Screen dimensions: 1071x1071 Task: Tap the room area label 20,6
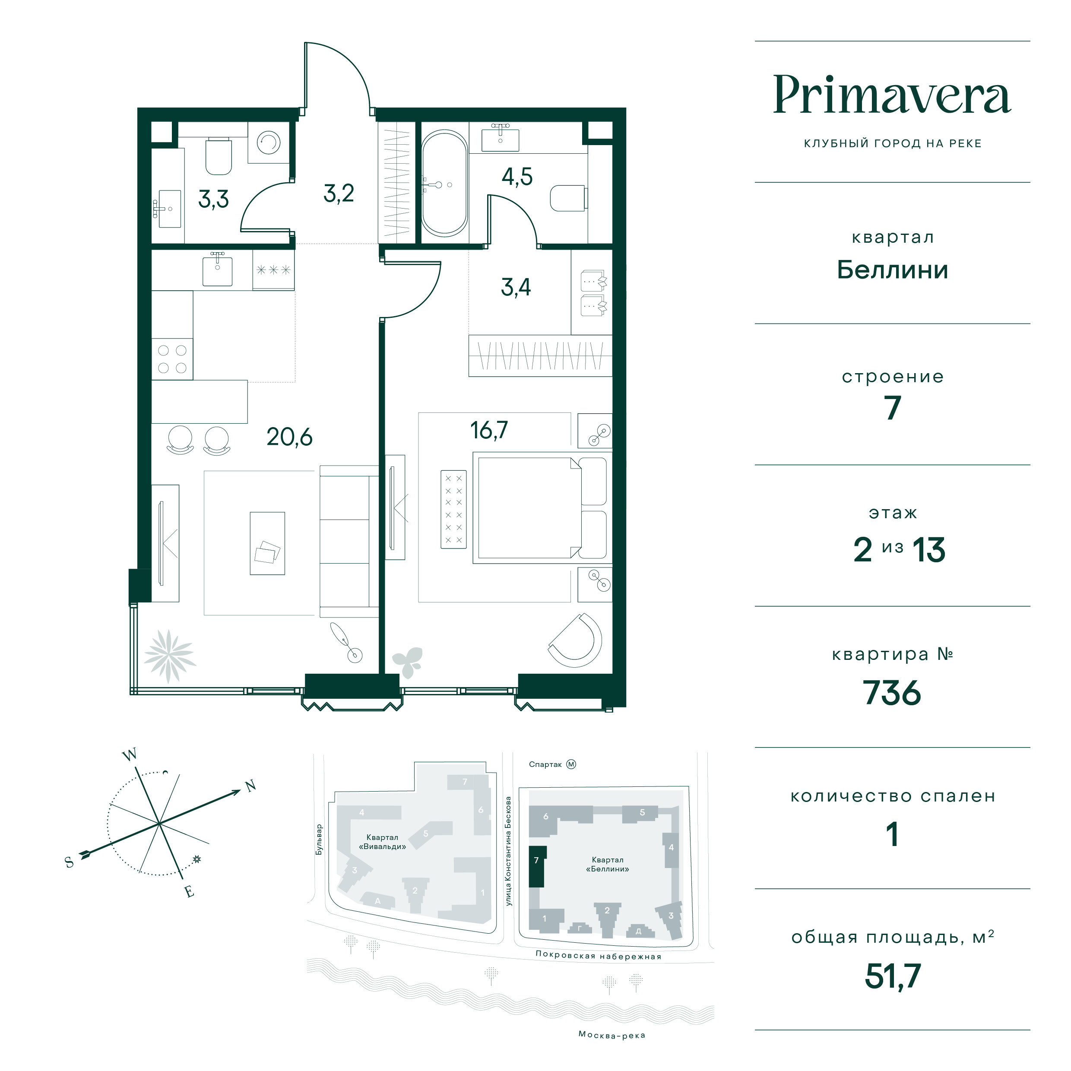[289, 437]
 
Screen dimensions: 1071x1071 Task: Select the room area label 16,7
[489, 430]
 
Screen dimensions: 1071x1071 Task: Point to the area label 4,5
[517, 177]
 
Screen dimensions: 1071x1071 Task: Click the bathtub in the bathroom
[444, 184]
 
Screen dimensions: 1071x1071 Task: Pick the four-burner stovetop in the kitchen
[172, 359]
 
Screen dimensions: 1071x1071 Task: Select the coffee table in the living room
[267, 543]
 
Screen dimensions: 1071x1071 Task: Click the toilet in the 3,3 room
[219, 156]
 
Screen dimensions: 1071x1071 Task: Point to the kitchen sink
[217, 269]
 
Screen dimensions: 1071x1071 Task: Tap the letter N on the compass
[250, 786]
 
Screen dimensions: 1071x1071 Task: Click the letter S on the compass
[69, 862]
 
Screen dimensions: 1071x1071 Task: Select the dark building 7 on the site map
[537, 866]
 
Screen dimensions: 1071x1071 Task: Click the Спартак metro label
[545, 764]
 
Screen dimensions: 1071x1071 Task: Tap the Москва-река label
[612, 1034]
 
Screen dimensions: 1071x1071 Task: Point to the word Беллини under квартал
[893, 270]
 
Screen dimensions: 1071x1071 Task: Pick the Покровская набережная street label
[599, 956]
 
